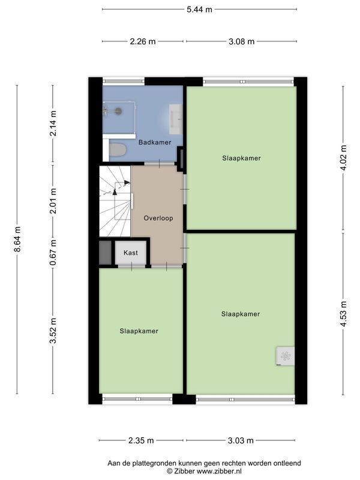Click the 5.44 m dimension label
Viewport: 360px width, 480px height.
tap(199, 10)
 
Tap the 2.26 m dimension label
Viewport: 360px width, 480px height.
tap(143, 41)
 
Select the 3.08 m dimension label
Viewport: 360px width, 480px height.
tap(241, 41)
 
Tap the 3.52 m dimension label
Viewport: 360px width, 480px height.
tap(53, 331)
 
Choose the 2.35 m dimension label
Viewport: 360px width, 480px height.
tap(142, 440)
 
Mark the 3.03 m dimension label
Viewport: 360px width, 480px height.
tap(241, 440)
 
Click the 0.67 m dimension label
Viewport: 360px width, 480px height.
tap(53, 253)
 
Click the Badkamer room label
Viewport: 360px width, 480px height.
tap(155, 142)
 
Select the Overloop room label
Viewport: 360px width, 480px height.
tap(158, 218)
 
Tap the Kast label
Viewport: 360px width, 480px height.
tap(131, 253)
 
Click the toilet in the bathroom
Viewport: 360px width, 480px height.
tap(118, 149)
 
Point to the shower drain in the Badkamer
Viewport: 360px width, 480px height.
tap(119, 110)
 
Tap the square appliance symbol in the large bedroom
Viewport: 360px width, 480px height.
tap(284, 356)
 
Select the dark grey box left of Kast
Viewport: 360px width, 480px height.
tap(105, 253)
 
